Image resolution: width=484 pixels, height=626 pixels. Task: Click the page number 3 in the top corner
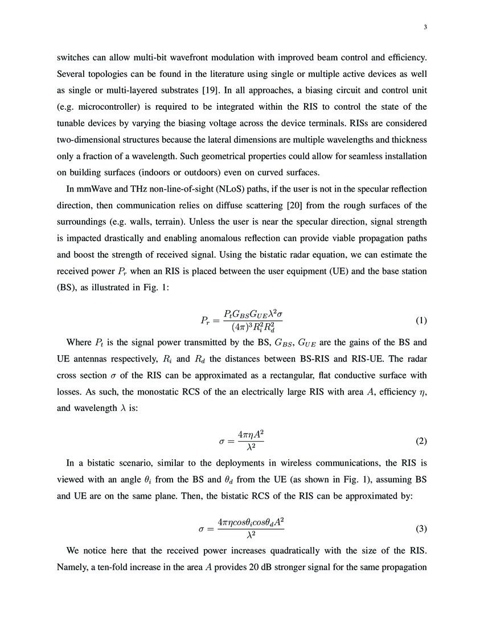(425, 27)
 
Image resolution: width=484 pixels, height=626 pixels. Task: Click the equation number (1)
(421, 320)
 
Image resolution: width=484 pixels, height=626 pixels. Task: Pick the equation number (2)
(421, 441)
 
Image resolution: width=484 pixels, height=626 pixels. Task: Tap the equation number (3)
(421, 529)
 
